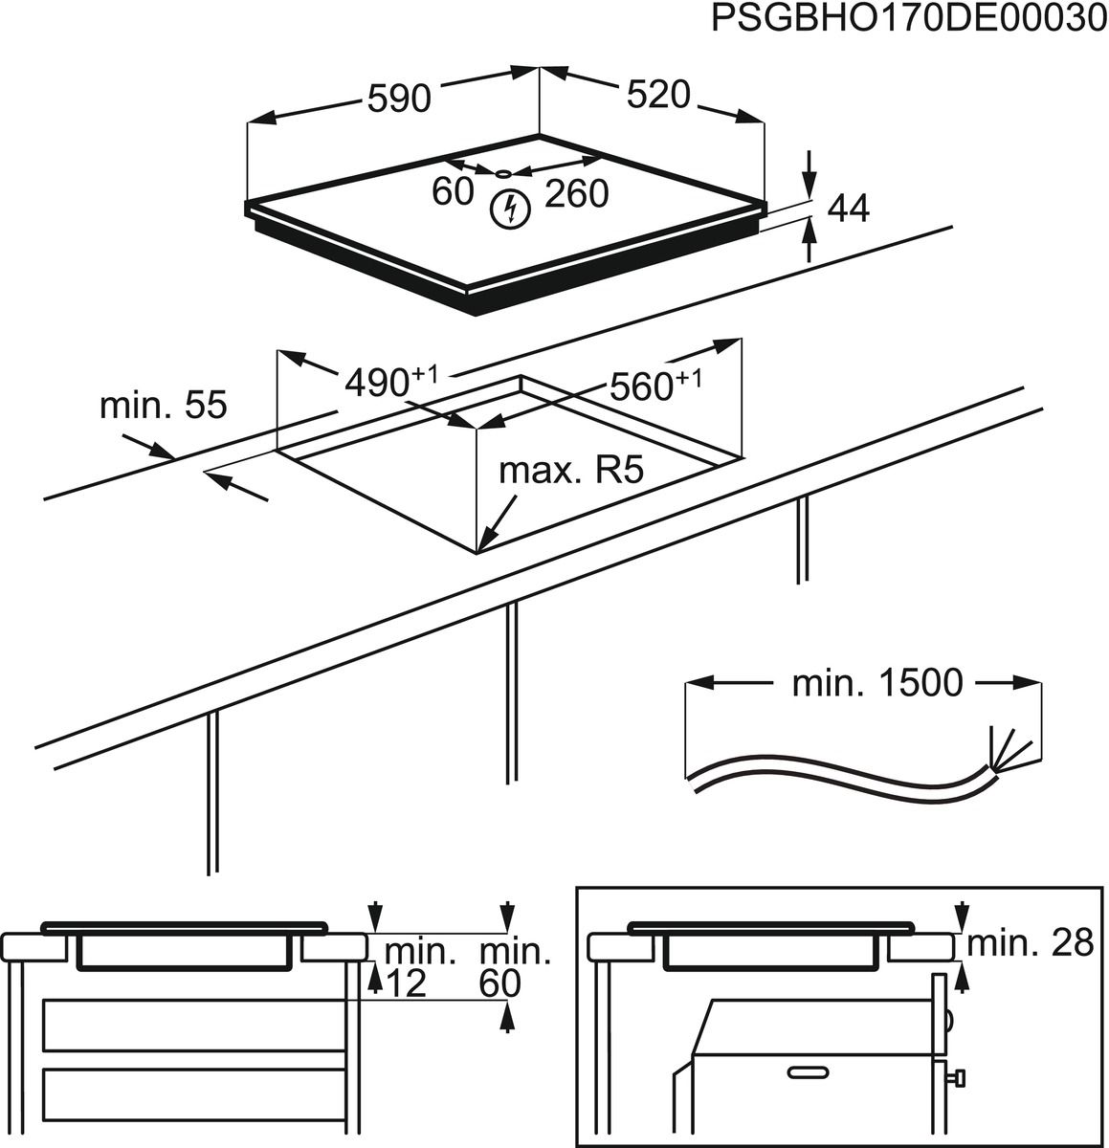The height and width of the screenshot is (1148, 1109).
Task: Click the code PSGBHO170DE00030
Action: (x=908, y=21)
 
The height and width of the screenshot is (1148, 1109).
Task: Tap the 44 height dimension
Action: (x=847, y=208)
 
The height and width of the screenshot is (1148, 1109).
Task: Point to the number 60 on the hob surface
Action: (x=453, y=191)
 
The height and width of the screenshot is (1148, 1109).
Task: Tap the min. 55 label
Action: (x=164, y=406)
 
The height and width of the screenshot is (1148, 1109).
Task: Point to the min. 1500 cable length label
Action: (x=876, y=683)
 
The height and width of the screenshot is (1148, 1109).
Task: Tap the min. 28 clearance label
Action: (x=1030, y=943)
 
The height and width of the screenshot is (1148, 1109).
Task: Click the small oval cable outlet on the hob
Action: (x=503, y=173)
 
